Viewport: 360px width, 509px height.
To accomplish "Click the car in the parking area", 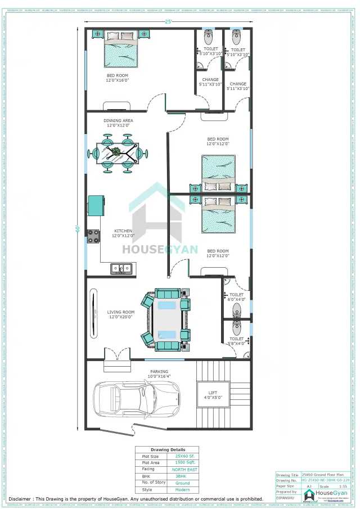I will (x=137, y=399).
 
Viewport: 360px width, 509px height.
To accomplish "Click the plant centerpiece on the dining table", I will (x=116, y=152).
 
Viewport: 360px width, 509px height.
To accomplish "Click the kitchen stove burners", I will (x=93, y=237).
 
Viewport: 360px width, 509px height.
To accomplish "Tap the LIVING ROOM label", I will (x=121, y=314).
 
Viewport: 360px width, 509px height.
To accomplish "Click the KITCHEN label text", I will (x=123, y=231).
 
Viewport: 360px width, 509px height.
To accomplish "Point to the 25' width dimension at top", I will (x=167, y=21).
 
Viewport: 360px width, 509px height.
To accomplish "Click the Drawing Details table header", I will (x=168, y=450).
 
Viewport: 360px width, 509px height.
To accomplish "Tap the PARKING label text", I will (x=159, y=372).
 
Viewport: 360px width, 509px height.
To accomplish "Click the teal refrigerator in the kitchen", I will (x=96, y=205).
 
